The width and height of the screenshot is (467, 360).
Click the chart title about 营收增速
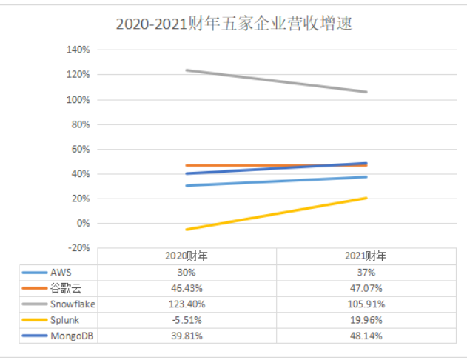tap(233, 24)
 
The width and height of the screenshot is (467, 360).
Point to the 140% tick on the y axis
tap(78, 50)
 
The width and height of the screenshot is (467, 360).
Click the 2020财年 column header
tap(187, 256)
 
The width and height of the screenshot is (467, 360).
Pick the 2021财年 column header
tap(366, 256)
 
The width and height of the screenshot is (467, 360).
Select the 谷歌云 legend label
tap(64, 288)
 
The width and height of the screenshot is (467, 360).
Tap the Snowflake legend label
tap(73, 304)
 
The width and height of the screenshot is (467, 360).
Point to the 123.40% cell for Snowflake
tap(187, 304)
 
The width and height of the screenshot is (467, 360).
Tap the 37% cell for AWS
tap(366, 272)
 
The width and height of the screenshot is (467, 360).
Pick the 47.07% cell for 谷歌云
tap(366, 288)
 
